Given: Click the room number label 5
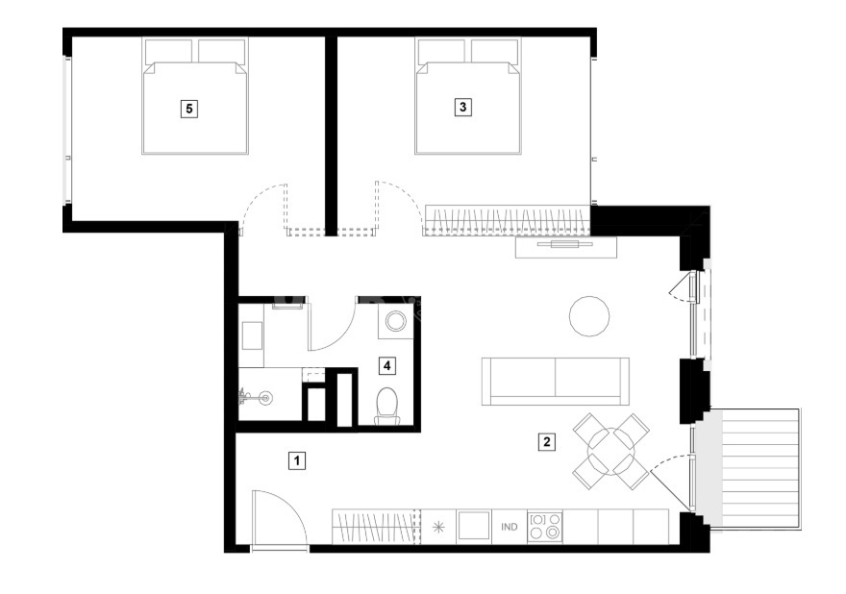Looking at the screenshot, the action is point(188,109).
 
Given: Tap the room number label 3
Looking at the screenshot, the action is point(462,107).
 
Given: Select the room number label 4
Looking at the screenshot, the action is point(386,366).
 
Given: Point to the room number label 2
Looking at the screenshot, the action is point(547,442).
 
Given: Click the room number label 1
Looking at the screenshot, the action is point(297,460).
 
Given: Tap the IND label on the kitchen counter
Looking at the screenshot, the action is point(510,527).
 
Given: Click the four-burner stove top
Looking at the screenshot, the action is point(545,527).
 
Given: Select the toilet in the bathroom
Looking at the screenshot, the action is point(387,406).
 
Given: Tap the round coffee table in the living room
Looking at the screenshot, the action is point(589,316).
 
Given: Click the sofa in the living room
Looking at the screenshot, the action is point(556,381).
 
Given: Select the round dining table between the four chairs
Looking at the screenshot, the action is point(610,450).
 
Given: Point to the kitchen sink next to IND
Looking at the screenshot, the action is point(474,527).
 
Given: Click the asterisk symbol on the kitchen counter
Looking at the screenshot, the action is point(438,527).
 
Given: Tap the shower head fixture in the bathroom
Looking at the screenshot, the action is point(255,399).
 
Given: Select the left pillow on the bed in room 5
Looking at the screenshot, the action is point(168,51).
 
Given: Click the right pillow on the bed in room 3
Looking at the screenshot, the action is point(495,51).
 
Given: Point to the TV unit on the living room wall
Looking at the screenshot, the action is point(566,247).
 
